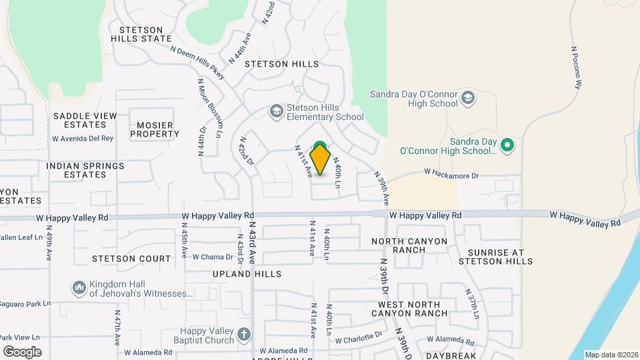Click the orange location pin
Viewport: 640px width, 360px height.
coord(321,159)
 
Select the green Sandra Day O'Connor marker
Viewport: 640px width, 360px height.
coord(508,144)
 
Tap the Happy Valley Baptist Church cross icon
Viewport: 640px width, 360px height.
coord(245,334)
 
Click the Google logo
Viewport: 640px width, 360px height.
coord(22,352)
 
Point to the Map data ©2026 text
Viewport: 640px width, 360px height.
coord(611,355)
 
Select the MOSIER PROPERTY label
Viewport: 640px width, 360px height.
coord(155,129)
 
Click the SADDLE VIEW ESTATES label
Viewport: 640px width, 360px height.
coord(85,120)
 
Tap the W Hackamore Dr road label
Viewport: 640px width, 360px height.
coord(452,174)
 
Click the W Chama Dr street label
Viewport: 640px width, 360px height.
coord(213,257)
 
